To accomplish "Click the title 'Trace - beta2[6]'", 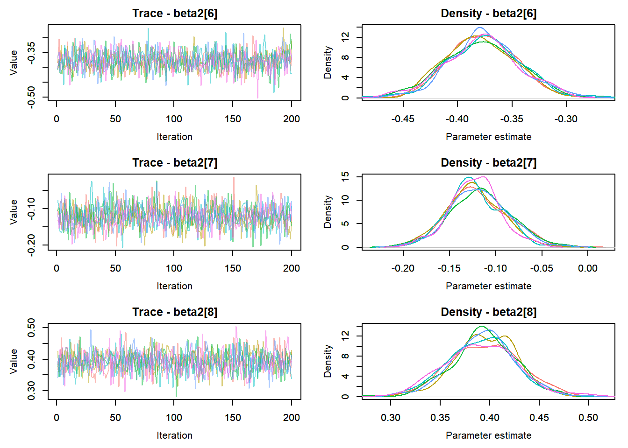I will point(175,14).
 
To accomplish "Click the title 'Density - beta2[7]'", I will point(488,163).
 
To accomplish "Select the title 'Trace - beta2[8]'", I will point(175,312).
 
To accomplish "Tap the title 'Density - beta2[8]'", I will point(488,312).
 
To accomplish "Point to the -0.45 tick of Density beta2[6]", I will point(403,119).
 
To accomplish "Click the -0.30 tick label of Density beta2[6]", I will point(566,119).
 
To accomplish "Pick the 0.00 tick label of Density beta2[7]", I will point(587,268).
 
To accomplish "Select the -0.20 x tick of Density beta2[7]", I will point(403,268).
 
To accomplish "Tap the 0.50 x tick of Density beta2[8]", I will point(588,418).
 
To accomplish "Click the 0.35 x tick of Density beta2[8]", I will point(440,418).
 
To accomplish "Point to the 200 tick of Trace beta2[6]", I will point(292,119).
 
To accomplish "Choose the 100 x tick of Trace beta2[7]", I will point(174,268).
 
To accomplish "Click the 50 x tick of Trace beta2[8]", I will point(115,418).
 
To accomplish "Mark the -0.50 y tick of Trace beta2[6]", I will point(31,97).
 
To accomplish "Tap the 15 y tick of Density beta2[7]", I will point(345,176).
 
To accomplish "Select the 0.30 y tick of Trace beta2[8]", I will point(31,391).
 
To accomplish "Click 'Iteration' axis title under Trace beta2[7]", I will point(174,286).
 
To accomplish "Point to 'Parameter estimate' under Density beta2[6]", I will point(488,137).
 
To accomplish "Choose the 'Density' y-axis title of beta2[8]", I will point(328,361).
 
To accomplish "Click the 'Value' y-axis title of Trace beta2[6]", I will point(14,63).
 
